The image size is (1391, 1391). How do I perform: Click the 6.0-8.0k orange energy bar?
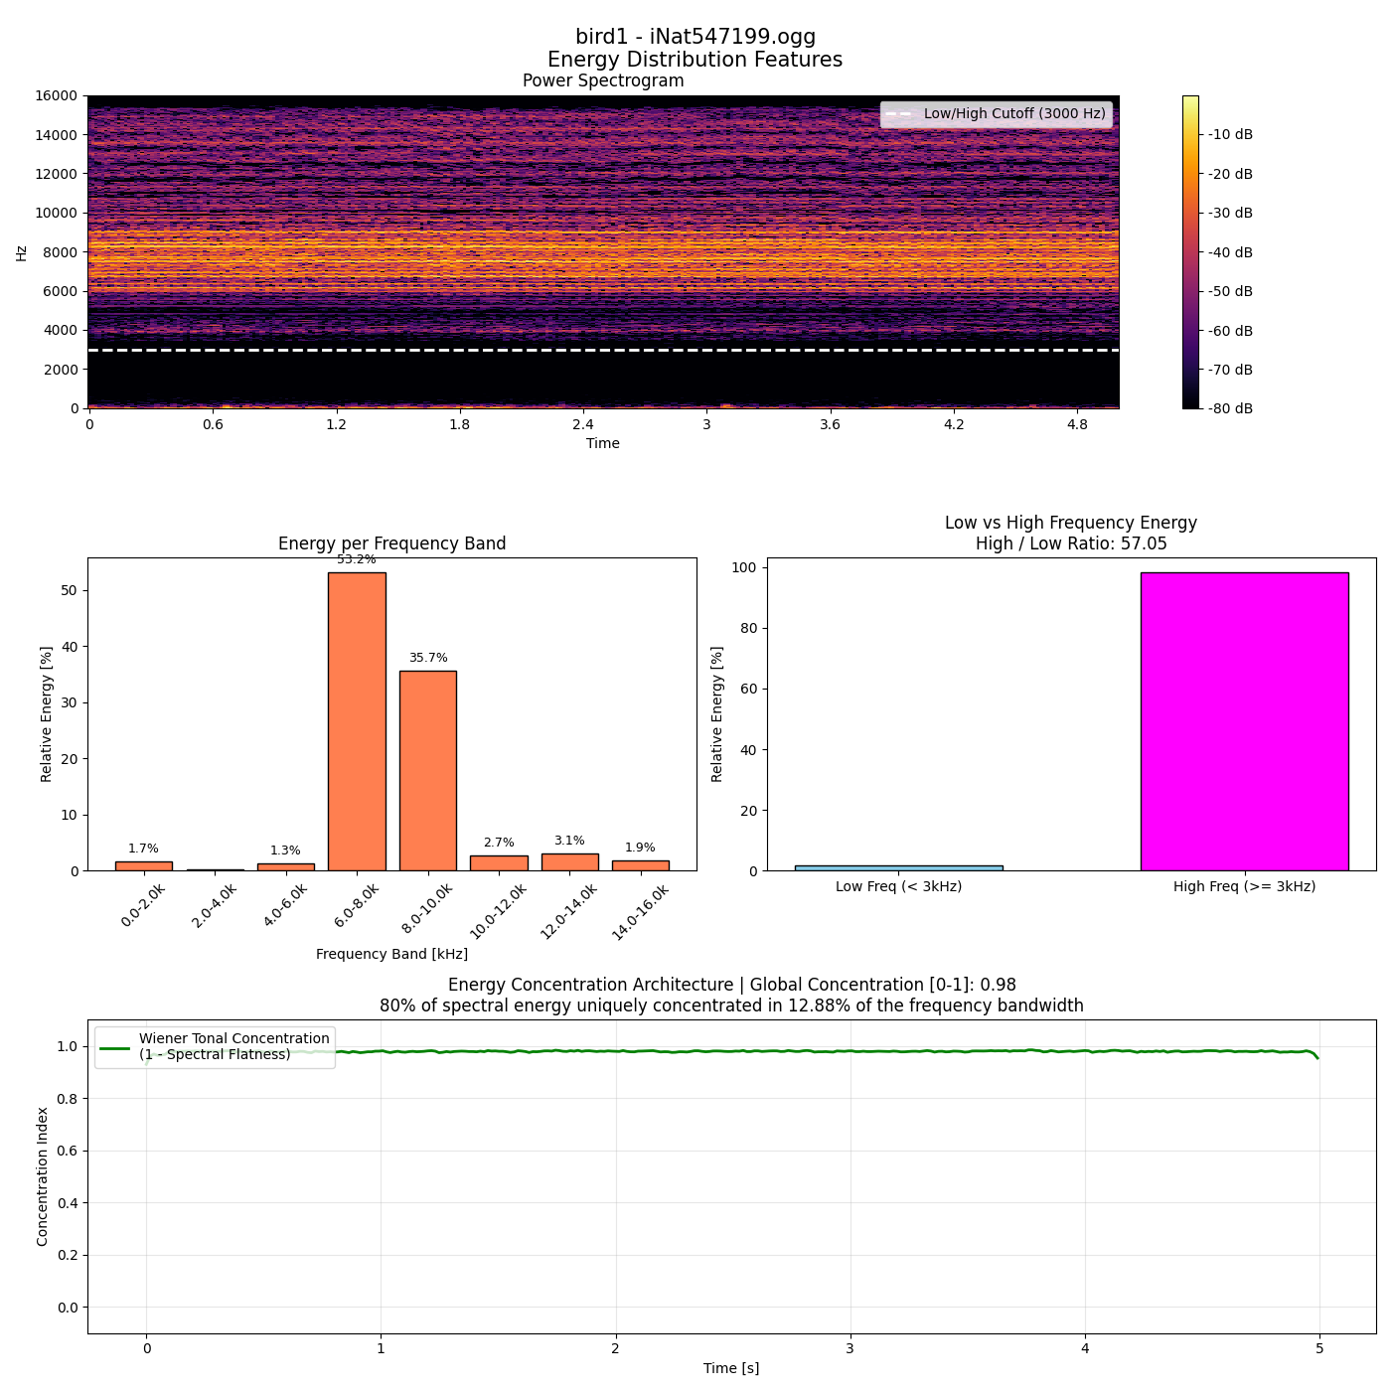(x=357, y=721)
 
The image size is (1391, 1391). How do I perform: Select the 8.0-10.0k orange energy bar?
(x=428, y=771)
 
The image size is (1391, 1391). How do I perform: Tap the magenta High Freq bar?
(x=1245, y=721)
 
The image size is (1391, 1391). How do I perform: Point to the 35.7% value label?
(x=428, y=658)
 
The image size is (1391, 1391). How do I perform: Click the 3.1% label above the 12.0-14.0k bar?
(x=569, y=841)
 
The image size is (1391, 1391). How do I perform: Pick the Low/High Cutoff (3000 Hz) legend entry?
(x=997, y=113)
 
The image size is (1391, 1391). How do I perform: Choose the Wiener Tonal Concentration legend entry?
(x=216, y=1046)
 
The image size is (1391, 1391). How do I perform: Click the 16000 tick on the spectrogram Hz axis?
(x=57, y=96)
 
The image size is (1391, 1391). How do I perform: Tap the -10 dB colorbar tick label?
(x=1231, y=135)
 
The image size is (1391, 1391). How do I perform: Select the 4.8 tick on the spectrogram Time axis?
(x=1077, y=424)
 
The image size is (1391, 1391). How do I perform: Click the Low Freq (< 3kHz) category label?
(x=899, y=886)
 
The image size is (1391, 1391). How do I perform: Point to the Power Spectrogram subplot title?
(x=603, y=80)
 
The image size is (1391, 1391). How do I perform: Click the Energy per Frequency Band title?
(x=391, y=543)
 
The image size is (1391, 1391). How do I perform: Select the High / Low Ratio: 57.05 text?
(x=1071, y=543)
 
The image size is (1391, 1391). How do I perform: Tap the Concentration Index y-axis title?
(x=42, y=1176)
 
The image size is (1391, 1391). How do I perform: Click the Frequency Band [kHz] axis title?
(x=391, y=954)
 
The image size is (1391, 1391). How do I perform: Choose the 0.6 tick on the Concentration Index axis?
(x=68, y=1151)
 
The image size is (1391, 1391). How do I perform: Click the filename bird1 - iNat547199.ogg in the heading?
(x=695, y=36)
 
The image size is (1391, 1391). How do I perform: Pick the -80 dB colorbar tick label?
(x=1231, y=408)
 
